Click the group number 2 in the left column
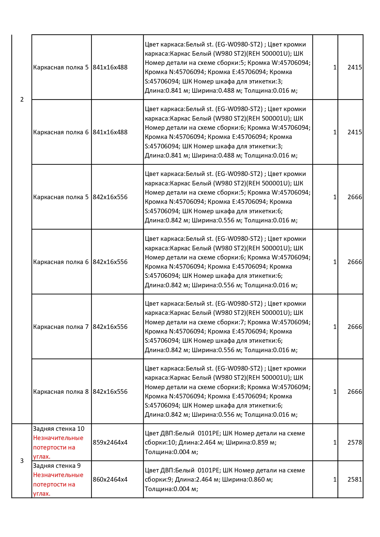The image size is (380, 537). click(x=22, y=99)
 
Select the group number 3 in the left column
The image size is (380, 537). click(x=22, y=461)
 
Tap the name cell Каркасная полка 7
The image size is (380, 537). click(x=61, y=327)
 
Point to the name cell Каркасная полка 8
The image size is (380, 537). click(x=61, y=392)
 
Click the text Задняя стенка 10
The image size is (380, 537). click(x=59, y=429)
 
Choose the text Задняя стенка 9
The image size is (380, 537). click(x=57, y=466)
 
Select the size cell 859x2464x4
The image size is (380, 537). click(x=110, y=442)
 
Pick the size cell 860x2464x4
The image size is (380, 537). click(x=110, y=479)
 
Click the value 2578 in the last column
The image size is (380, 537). click(x=355, y=442)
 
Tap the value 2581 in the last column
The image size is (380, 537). click(x=355, y=479)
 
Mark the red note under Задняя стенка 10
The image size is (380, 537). click(x=58, y=447)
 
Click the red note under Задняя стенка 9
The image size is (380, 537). click(x=58, y=484)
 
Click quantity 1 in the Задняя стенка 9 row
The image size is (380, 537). click(x=335, y=479)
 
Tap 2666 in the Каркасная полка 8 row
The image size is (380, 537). click(x=355, y=392)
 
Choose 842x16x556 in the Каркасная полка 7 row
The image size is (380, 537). click(x=110, y=327)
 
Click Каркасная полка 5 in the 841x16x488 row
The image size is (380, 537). click(x=61, y=67)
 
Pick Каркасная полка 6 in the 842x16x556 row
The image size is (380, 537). click(x=61, y=262)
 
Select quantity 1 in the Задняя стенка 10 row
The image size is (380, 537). click(x=335, y=442)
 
